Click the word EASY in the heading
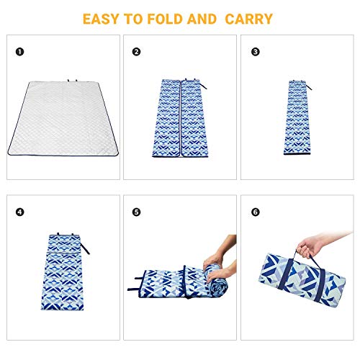click(x=103, y=18)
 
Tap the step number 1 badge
click(x=20, y=52)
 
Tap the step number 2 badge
click(x=136, y=52)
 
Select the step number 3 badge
click(x=255, y=52)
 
